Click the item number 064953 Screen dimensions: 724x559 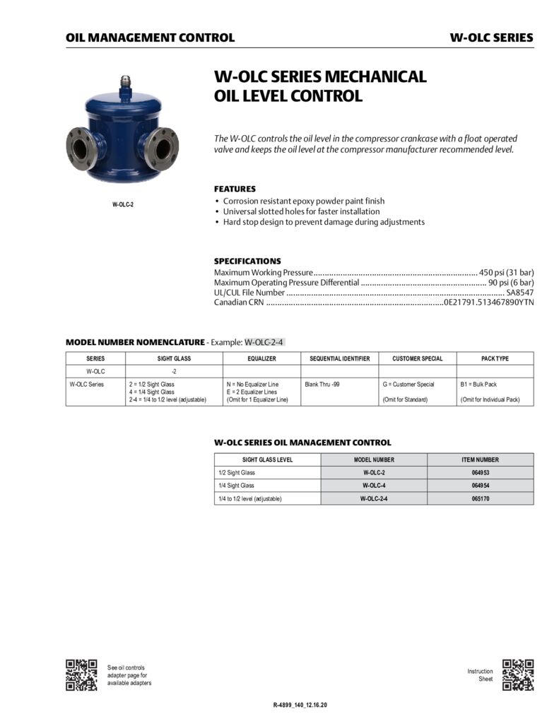(481, 472)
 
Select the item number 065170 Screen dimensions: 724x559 (481, 498)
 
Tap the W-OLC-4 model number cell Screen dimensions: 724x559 (374, 486)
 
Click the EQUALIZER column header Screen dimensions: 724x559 (261, 358)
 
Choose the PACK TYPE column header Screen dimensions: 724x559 (495, 358)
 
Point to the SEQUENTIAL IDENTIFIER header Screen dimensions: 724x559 (339, 358)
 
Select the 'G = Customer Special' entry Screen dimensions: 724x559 (408, 384)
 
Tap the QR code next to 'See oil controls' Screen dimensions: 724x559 (81, 675)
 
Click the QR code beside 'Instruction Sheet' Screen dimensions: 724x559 (518, 675)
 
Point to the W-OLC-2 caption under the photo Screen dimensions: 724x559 (122, 205)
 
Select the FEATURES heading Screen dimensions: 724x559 (235, 189)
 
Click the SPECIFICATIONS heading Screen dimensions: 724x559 (247, 261)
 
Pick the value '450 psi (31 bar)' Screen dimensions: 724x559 (507, 272)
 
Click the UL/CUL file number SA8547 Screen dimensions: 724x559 (519, 292)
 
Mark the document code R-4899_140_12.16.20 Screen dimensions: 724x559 (300, 706)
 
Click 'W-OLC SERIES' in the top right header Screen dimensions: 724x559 (491, 37)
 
